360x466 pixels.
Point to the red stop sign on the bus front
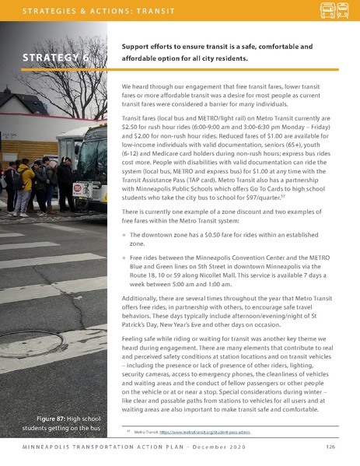point(77,189)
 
